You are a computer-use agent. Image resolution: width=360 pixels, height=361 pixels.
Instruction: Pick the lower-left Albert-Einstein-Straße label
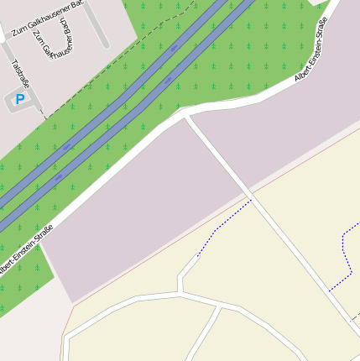[x=25, y=249]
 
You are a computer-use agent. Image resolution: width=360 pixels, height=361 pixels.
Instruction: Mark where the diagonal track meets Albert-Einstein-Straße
[x=186, y=118]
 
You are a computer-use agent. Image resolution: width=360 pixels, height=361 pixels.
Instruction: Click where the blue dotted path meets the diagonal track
[x=251, y=200]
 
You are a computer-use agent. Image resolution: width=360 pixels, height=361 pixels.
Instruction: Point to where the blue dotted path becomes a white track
[x=198, y=255]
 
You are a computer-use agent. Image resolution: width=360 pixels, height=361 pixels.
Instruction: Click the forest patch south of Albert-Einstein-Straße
[x=21, y=285]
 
